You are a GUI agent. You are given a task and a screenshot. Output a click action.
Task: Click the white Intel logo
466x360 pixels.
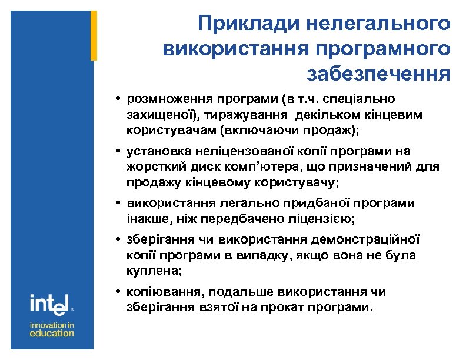tap(51, 304)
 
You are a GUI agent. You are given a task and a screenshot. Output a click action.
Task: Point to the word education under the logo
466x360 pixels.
tap(52, 333)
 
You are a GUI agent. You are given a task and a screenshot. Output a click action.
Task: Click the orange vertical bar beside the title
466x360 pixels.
tap(94, 35)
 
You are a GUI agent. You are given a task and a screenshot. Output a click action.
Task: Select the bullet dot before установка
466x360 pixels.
tap(118, 152)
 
